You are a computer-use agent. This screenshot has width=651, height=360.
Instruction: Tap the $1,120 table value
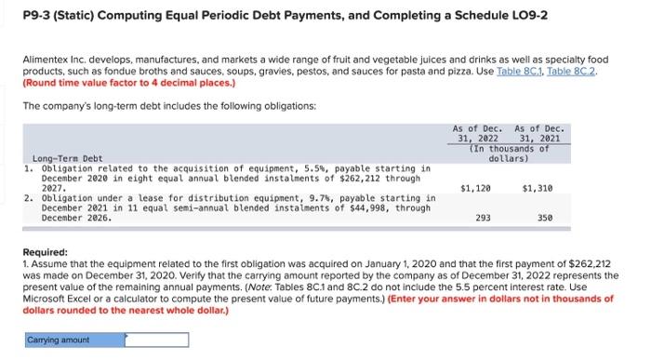[475, 188]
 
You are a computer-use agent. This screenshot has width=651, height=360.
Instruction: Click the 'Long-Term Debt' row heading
[68, 158]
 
